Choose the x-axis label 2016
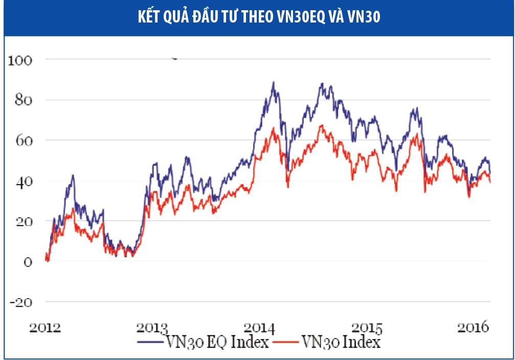[472, 327]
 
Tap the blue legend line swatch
[148, 342]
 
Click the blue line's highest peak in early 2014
[274, 82]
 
